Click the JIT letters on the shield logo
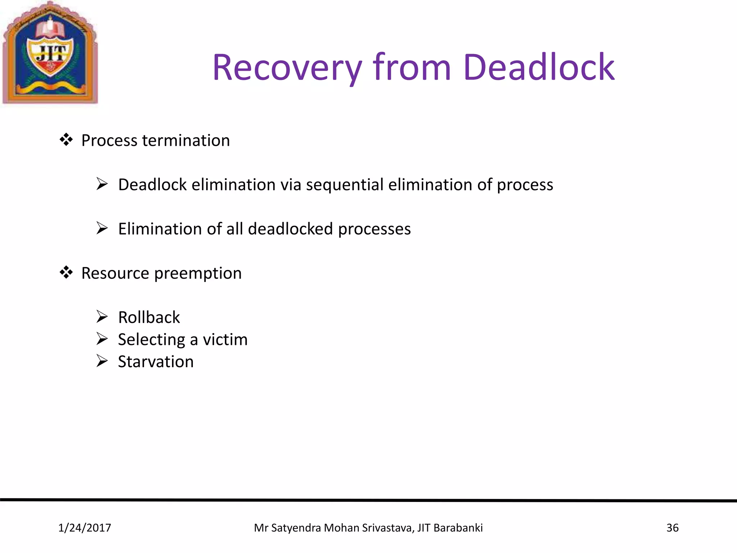(51, 54)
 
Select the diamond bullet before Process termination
(66, 140)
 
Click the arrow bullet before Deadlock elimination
(102, 184)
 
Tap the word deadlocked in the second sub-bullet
(290, 229)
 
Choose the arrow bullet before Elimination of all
(102, 228)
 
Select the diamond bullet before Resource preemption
(66, 273)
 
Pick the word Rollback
(149, 318)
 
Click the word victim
(225, 340)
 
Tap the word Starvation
(155, 362)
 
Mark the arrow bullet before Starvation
(102, 361)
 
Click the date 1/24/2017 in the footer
(85, 528)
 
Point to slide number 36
(672, 528)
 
